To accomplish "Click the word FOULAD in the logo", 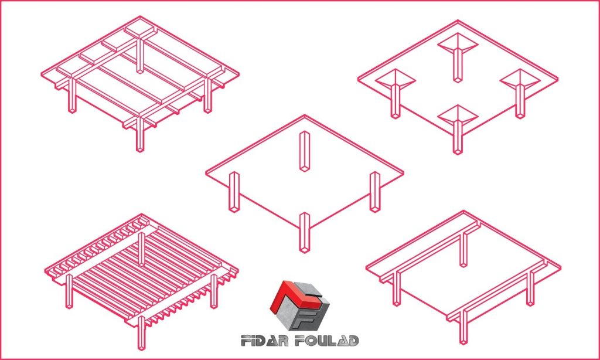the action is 327,340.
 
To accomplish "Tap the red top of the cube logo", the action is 295,296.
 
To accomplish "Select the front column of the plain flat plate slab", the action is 305,232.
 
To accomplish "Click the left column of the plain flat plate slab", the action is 234,192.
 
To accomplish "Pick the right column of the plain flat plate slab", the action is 375,192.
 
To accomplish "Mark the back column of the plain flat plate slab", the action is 305,151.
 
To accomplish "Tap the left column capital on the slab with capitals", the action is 396,80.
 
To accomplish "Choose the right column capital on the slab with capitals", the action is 520,80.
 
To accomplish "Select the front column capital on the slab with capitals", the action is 458,116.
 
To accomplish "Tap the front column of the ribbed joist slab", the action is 141,332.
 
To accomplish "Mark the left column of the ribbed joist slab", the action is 69,291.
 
